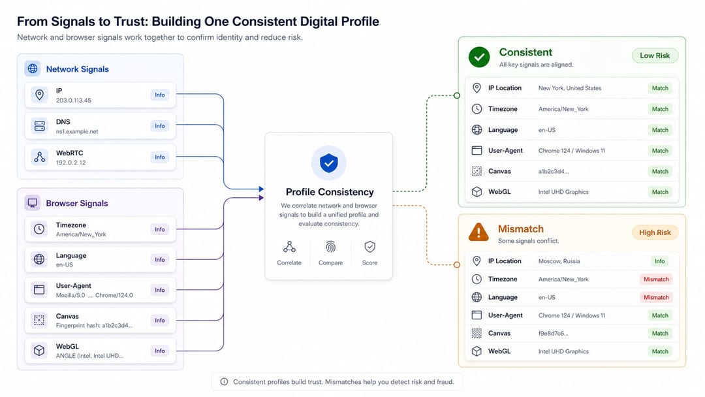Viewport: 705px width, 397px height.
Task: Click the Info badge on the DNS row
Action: coord(160,126)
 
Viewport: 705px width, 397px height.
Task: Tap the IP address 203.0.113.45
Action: coord(73,101)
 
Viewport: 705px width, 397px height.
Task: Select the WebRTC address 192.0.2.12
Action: coord(70,163)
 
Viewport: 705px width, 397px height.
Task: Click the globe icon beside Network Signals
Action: coord(33,69)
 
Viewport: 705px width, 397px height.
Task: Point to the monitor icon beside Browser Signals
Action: coord(33,203)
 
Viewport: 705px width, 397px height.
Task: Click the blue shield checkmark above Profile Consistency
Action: coord(328,163)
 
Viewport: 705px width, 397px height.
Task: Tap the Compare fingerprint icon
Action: coord(330,247)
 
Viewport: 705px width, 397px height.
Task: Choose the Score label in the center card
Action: coord(369,262)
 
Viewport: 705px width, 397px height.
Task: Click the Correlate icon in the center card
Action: coord(289,247)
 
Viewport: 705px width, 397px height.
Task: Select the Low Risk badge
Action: coord(655,56)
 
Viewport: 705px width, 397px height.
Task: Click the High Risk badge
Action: coord(655,232)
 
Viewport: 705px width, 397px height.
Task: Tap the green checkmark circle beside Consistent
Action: coord(479,57)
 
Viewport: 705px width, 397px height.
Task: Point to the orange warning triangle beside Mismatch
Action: coord(478,232)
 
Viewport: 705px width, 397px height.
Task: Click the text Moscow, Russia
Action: coord(559,261)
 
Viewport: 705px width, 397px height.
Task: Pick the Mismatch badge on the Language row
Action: coord(656,297)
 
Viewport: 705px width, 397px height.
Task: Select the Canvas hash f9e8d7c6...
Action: coord(553,333)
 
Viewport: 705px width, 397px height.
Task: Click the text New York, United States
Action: coord(570,88)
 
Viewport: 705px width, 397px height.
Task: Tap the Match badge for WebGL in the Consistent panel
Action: coord(659,192)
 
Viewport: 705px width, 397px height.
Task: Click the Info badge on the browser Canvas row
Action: coord(160,320)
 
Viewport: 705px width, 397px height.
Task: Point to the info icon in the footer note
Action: coord(224,382)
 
